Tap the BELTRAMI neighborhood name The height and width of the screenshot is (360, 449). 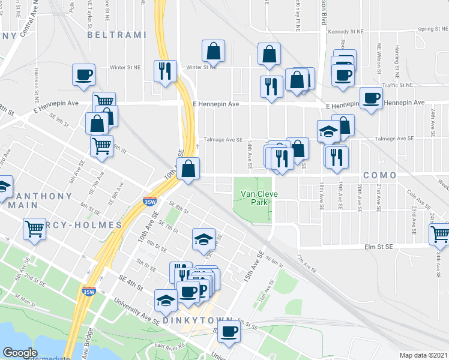116,35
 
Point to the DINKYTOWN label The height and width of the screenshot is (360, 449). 189,321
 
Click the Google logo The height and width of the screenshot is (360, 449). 20,353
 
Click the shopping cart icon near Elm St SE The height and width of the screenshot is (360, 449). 439,233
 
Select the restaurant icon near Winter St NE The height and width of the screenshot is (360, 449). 163,71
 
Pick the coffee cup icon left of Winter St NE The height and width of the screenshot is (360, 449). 83,75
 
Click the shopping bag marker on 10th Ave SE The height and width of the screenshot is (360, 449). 189,169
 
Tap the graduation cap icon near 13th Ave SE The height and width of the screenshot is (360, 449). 203,239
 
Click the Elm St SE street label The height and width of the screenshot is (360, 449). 378,247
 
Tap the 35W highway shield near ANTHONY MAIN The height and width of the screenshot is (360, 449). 149,202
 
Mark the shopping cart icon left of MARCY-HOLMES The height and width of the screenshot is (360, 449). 34,228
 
